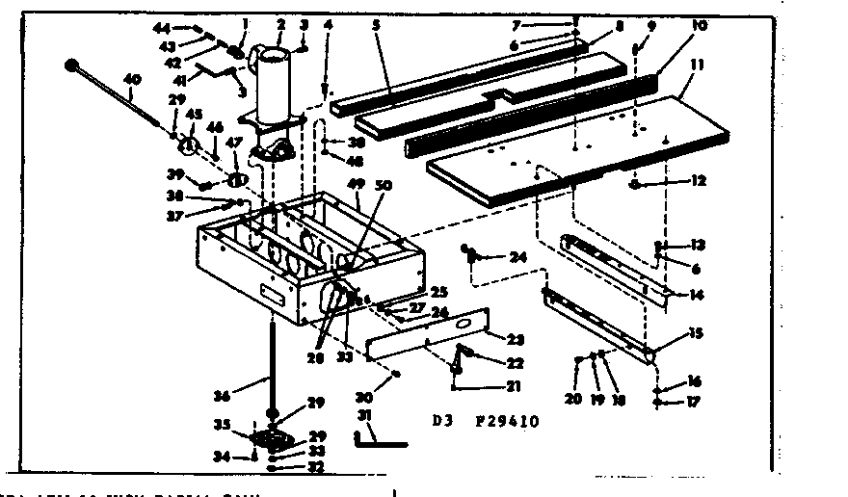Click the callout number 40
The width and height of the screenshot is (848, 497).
pos(132,79)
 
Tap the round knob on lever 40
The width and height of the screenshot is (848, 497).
pos(71,65)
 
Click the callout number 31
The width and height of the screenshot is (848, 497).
pos(363,416)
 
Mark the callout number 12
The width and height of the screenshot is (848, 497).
pos(672,181)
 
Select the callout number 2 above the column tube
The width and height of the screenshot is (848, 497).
pos(280,23)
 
